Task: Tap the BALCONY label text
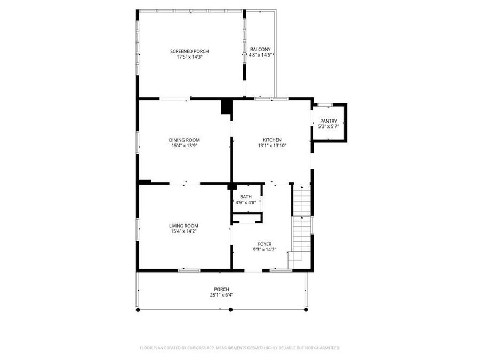point(260,50)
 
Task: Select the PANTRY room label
point(328,121)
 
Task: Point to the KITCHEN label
point(272,140)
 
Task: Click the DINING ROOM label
point(185,140)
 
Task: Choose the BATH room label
point(245,197)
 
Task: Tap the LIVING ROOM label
point(184,226)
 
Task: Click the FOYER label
point(265,244)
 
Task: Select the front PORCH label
point(221,289)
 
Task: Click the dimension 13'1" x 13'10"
point(272,145)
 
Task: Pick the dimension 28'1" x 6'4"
point(221,294)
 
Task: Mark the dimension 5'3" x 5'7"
point(328,126)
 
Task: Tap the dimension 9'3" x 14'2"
point(265,249)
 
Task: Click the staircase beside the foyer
point(302,224)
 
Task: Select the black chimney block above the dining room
point(227,106)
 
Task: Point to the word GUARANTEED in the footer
point(325,348)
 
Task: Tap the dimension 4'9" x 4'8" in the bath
point(245,202)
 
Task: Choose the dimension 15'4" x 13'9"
point(185,145)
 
